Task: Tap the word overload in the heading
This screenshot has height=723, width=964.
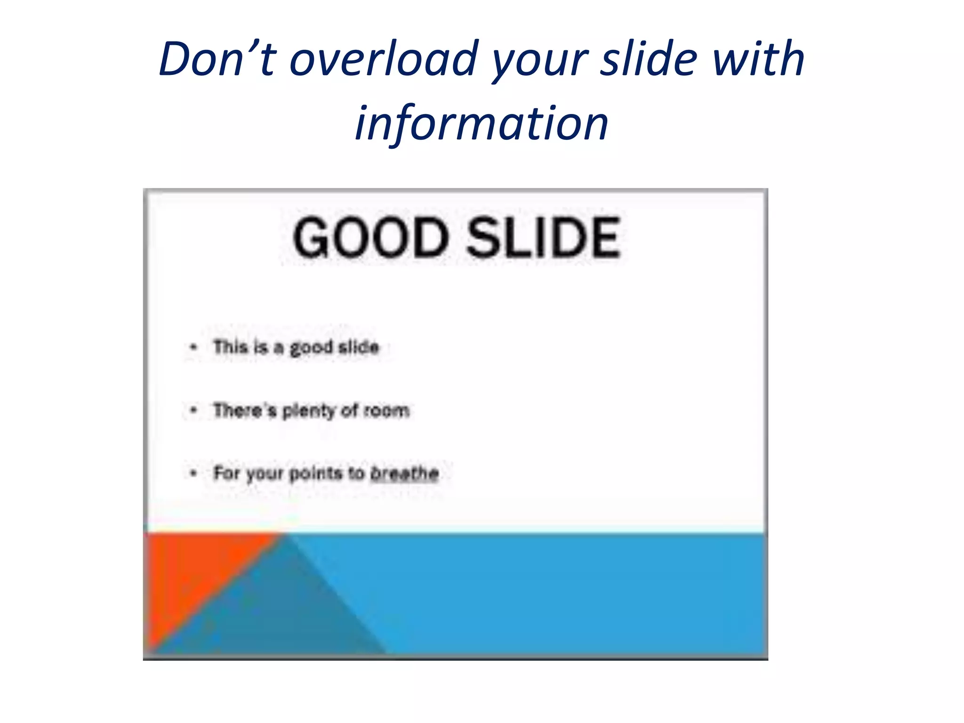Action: [x=384, y=59]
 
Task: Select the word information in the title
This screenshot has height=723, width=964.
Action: [x=482, y=123]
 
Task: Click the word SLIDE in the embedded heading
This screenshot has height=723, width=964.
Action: [x=544, y=238]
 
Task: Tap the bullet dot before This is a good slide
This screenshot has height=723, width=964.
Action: [x=193, y=347]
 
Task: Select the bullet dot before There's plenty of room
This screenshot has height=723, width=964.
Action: [x=193, y=410]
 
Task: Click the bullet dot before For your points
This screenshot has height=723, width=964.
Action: [x=193, y=473]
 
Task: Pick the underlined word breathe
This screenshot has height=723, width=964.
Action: [x=405, y=473]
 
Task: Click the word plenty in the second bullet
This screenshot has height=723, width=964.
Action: [x=308, y=411]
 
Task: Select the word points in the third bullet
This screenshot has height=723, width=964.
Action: [x=316, y=473]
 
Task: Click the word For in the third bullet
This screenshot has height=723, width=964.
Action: [x=226, y=473]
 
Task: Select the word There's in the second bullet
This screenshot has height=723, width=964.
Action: [x=244, y=410]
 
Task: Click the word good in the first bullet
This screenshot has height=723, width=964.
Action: [x=311, y=348]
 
